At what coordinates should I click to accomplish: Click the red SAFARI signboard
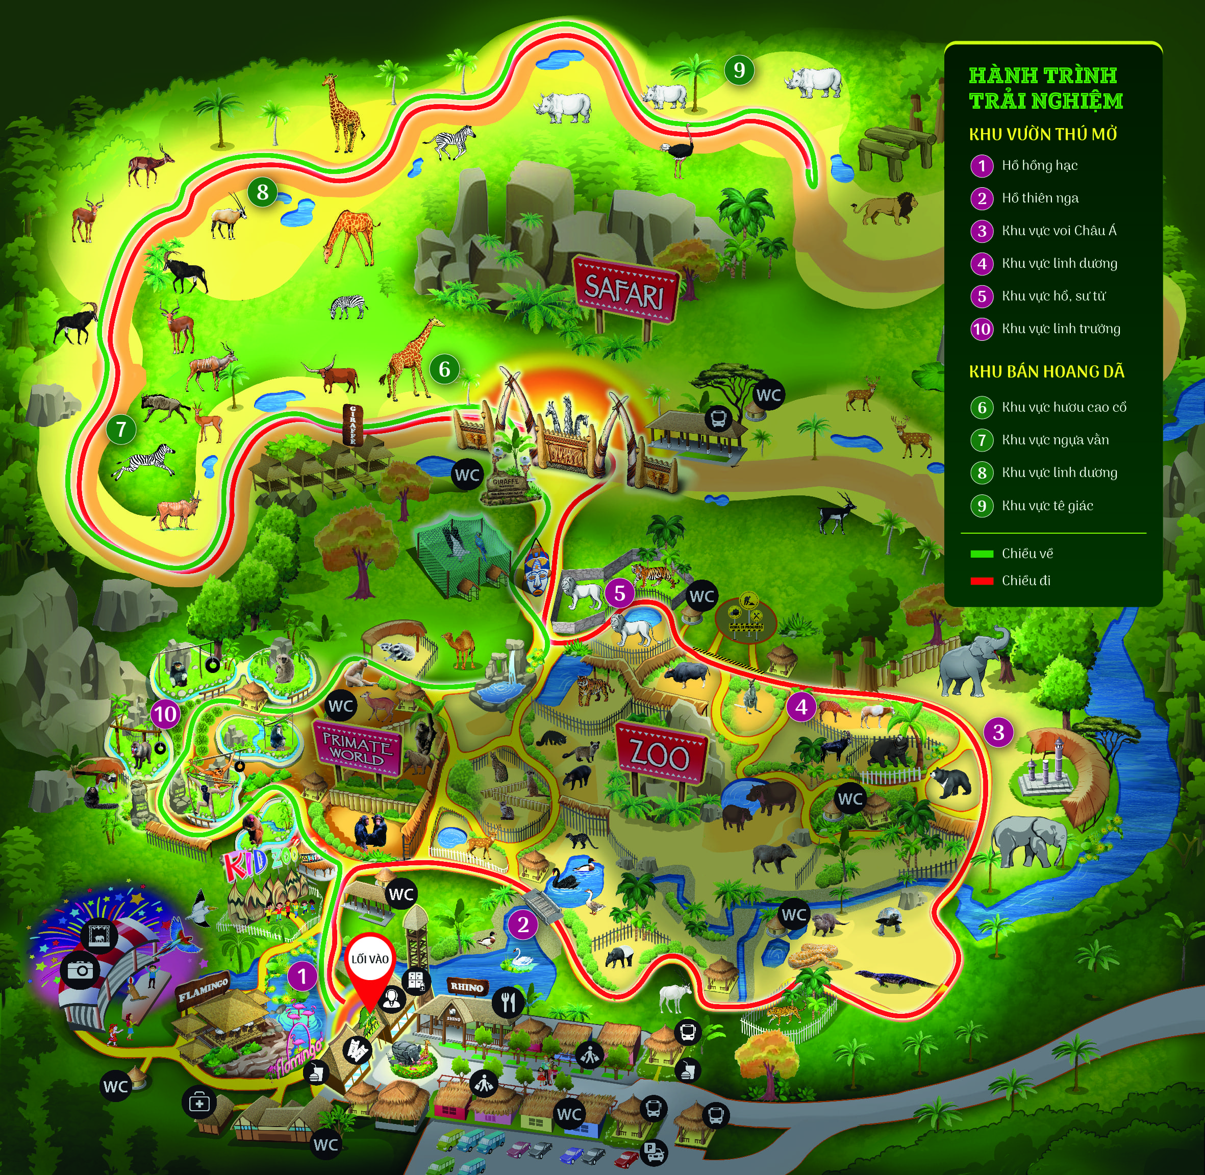pyautogui.click(x=625, y=290)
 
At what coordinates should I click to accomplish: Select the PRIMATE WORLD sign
pyautogui.click(x=357, y=747)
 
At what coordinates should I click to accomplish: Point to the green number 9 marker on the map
pyautogui.click(x=739, y=70)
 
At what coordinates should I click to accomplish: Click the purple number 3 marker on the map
pyautogui.click(x=998, y=733)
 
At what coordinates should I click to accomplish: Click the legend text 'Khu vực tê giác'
pyautogui.click(x=1047, y=506)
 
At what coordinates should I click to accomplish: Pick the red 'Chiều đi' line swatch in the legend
pyautogui.click(x=982, y=581)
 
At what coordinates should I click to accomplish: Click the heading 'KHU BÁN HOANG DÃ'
pyautogui.click(x=1046, y=371)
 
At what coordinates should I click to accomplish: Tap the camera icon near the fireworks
pyautogui.click(x=80, y=969)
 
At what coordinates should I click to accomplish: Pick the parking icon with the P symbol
pyautogui.click(x=653, y=1151)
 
